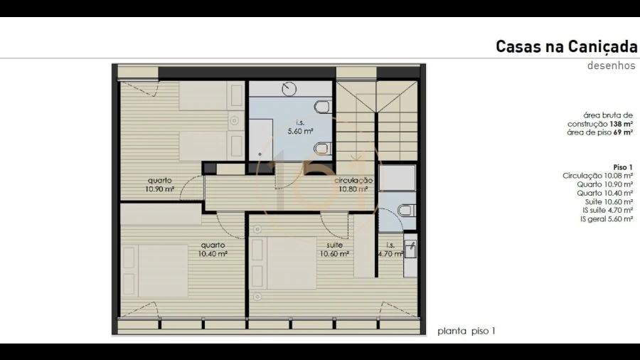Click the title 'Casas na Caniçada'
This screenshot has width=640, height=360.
pos(566,47)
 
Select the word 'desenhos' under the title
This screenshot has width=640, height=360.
pos(611,65)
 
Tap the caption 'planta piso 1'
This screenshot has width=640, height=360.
pos(466,331)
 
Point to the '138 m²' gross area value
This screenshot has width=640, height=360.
pos(622,124)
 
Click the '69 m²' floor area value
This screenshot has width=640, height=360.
pos(623,132)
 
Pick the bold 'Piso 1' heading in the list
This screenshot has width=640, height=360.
pos(623,167)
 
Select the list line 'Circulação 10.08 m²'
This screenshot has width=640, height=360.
pos(597,176)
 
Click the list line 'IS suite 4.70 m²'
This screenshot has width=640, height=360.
pos(608,210)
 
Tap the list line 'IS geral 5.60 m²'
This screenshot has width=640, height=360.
pos(607,219)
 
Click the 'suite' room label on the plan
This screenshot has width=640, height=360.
pos(334,245)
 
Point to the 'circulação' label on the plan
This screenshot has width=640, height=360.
pos(353,181)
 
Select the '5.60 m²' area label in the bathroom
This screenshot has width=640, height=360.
pos(300,131)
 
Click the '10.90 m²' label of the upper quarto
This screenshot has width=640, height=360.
pos(159,189)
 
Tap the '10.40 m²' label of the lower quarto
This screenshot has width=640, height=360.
pos(213,253)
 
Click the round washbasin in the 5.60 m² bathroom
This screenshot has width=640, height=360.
pos(289,88)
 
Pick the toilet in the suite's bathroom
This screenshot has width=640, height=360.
pos(407,210)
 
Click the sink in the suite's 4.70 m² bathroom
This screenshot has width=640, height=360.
pos(410,248)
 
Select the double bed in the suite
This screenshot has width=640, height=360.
pos(284,263)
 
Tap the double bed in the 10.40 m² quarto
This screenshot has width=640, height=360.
pos(155,270)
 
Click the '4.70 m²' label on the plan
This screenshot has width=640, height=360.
pos(390,253)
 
